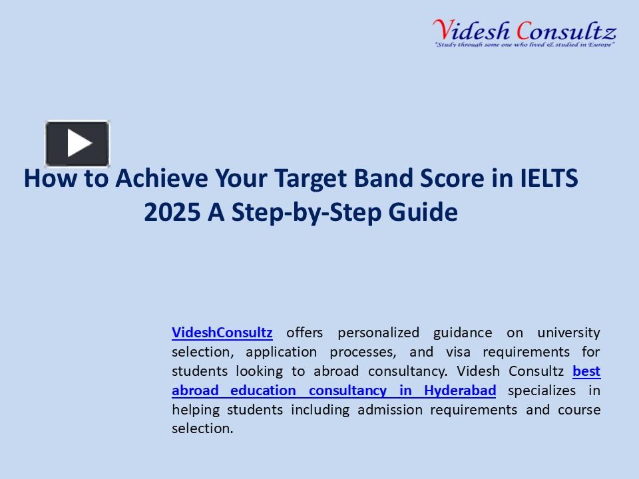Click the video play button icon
tap(77, 143)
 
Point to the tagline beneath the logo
tap(524, 45)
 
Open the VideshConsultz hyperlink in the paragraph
tap(222, 332)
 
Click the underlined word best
tap(586, 371)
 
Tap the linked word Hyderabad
tap(459, 390)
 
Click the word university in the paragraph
tap(568, 332)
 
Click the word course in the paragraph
tap(579, 409)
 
